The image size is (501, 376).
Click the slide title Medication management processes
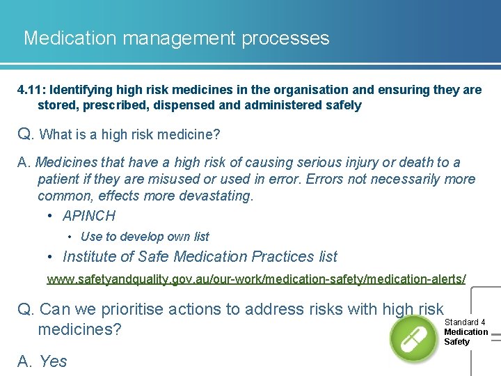(176, 38)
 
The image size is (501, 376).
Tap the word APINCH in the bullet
(89, 216)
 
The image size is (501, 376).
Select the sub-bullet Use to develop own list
(145, 237)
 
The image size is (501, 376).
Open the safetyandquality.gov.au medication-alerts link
(256, 279)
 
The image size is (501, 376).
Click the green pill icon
(413, 338)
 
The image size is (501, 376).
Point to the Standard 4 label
(465, 322)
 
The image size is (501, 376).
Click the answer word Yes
(53, 361)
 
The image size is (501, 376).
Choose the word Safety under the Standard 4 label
(457, 342)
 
